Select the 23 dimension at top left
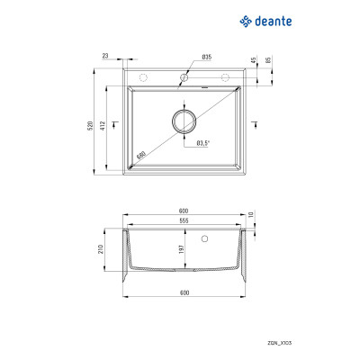pos(105,57)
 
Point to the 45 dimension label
pos(255,60)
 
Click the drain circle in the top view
pos(184,121)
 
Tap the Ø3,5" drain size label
pos(203,143)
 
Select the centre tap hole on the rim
pos(184,78)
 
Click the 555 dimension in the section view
pos(184,220)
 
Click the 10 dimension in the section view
pos(253,214)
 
